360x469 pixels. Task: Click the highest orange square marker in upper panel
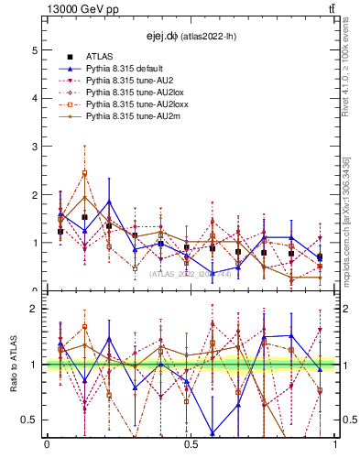[x=84, y=173]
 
